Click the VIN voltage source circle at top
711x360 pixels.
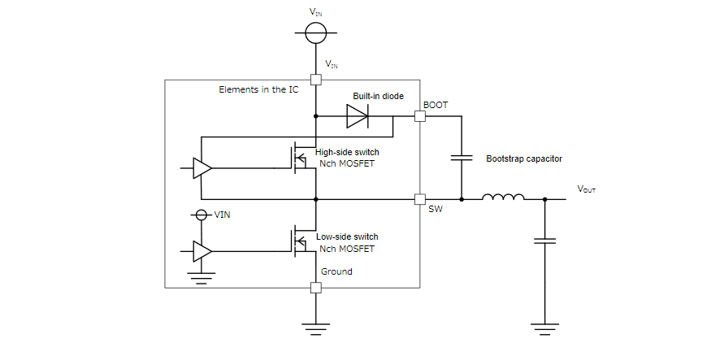point(315,33)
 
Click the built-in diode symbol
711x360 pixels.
point(358,117)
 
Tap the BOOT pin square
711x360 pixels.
point(419,117)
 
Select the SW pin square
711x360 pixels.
point(419,199)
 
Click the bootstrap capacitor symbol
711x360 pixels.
point(462,158)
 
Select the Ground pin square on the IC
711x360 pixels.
point(315,287)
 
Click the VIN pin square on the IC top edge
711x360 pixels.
point(315,80)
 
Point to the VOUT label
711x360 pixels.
point(587,189)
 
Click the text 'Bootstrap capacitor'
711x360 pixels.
point(524,158)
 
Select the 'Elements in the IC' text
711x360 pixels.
point(258,89)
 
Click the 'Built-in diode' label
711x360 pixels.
point(378,96)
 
